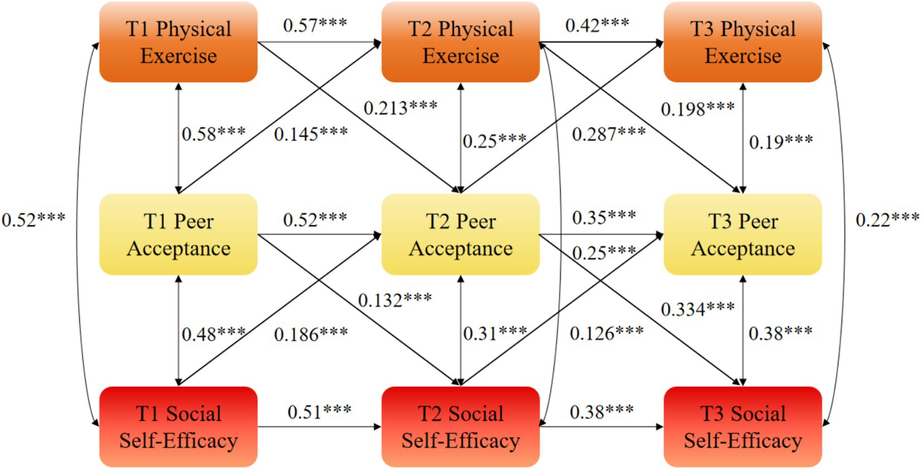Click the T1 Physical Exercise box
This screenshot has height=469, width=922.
[178, 42]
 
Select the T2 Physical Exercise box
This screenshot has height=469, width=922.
[460, 42]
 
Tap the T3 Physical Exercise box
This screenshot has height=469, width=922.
[743, 42]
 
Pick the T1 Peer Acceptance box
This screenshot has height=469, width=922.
[178, 234]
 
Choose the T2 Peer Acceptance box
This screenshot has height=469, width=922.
[460, 234]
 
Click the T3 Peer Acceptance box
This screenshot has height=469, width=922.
[743, 234]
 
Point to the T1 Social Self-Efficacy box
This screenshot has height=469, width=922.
[178, 427]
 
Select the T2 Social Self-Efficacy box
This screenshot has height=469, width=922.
[460, 427]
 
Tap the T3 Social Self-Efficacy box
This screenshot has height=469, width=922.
[743, 427]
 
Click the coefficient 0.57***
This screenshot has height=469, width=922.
[315, 25]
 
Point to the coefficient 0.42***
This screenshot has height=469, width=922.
[597, 25]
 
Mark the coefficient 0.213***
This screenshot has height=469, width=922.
[400, 108]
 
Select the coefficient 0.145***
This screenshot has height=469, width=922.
[310, 134]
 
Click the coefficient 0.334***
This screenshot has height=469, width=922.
[697, 309]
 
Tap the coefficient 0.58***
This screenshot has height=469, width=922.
[213, 134]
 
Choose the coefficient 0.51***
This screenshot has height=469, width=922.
[319, 412]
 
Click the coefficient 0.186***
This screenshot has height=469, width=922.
[310, 334]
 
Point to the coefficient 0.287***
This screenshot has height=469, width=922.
[609, 134]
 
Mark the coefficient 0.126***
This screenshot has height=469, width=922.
[606, 334]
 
